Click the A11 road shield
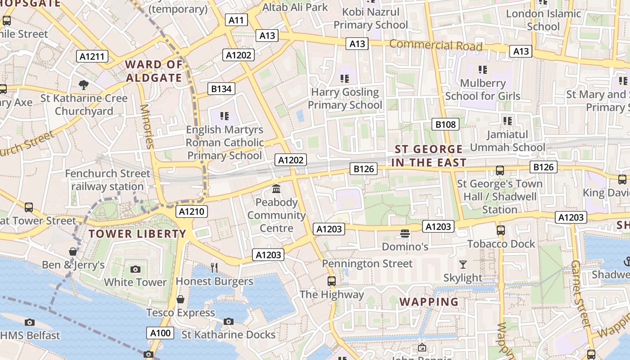[x=236, y=20]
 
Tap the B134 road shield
[x=221, y=89]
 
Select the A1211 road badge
[x=92, y=56]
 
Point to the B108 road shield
[x=445, y=124]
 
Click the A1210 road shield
[x=192, y=211]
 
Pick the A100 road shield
[x=160, y=333]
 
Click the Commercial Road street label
[x=436, y=45]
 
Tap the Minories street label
[x=148, y=126]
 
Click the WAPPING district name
[x=429, y=301]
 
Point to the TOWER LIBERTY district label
[x=137, y=234]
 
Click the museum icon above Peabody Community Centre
[x=276, y=189]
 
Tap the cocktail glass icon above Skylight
[x=463, y=264]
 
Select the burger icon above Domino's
[x=405, y=233]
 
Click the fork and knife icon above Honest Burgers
[x=214, y=267]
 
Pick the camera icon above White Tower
[x=135, y=269]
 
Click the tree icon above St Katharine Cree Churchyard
[x=84, y=85]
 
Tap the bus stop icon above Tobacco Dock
[x=500, y=230]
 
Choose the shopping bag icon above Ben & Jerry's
[x=73, y=251]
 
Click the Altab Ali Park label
[x=295, y=7]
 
